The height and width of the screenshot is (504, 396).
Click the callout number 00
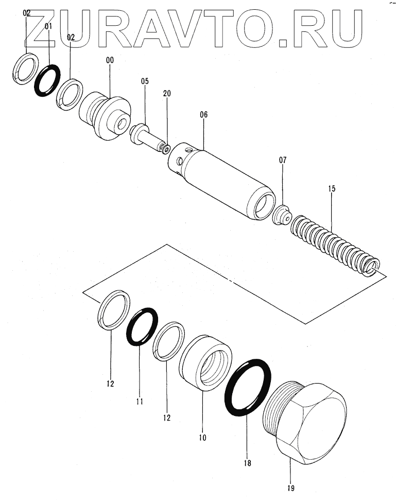click(x=110, y=60)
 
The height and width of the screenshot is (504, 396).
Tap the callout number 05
click(x=145, y=81)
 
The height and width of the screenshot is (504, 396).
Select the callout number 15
click(x=332, y=189)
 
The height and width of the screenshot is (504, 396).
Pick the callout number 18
click(x=248, y=463)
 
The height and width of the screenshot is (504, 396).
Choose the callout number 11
click(x=140, y=401)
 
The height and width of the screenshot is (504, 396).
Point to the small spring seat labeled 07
click(x=280, y=214)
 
